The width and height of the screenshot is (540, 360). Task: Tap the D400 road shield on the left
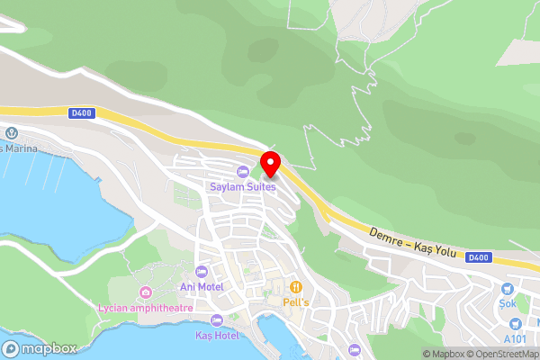tap(79, 112)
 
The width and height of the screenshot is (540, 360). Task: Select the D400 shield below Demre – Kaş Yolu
tap(478, 257)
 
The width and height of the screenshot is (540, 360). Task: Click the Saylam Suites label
tap(242, 186)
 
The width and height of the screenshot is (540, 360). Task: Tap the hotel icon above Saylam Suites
tap(242, 172)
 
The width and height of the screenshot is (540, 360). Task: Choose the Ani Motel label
tap(202, 286)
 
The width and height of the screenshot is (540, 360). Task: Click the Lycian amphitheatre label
tap(145, 308)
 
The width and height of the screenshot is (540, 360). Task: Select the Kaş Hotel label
tap(217, 335)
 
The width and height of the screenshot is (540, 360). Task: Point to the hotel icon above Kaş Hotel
tap(216, 320)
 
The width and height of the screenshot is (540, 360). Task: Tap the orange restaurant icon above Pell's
tap(295, 286)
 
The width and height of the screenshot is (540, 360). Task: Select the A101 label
tap(515, 338)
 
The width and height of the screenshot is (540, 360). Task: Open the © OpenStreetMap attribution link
tap(502, 354)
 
